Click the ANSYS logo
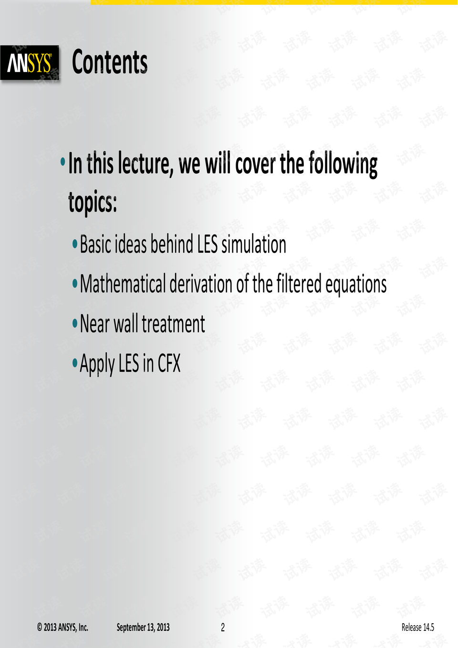30,63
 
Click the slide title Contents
110,62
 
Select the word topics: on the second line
93,202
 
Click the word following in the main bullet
343,164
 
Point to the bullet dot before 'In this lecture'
62,161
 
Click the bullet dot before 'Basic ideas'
75,244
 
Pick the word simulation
254,244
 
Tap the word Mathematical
123,284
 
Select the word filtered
299,284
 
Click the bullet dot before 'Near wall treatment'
75,323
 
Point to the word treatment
173,323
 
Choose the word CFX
169,363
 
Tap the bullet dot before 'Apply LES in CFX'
75,362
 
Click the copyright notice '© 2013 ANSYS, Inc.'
62,627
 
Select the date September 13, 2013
143,627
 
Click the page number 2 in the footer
223,627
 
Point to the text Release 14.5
418,627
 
